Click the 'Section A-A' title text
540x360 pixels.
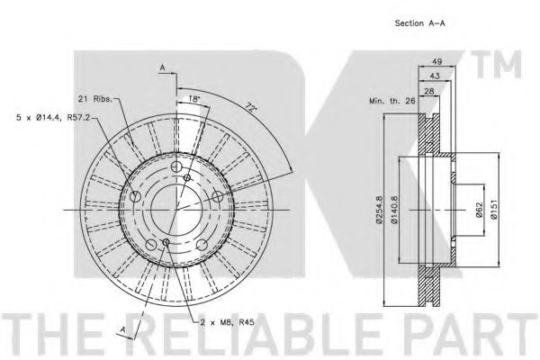[x=419, y=23]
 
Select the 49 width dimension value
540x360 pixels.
[x=437, y=62]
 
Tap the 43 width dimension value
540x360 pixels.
[x=435, y=76]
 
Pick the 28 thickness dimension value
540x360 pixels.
[x=429, y=91]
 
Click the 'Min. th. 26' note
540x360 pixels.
[x=391, y=101]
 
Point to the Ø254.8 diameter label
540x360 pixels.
[x=379, y=210]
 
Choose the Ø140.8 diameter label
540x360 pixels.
[x=394, y=210]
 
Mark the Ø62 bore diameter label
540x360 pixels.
[x=479, y=210]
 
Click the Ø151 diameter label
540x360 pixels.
[x=494, y=210]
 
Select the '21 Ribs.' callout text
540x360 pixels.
[x=95, y=99]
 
